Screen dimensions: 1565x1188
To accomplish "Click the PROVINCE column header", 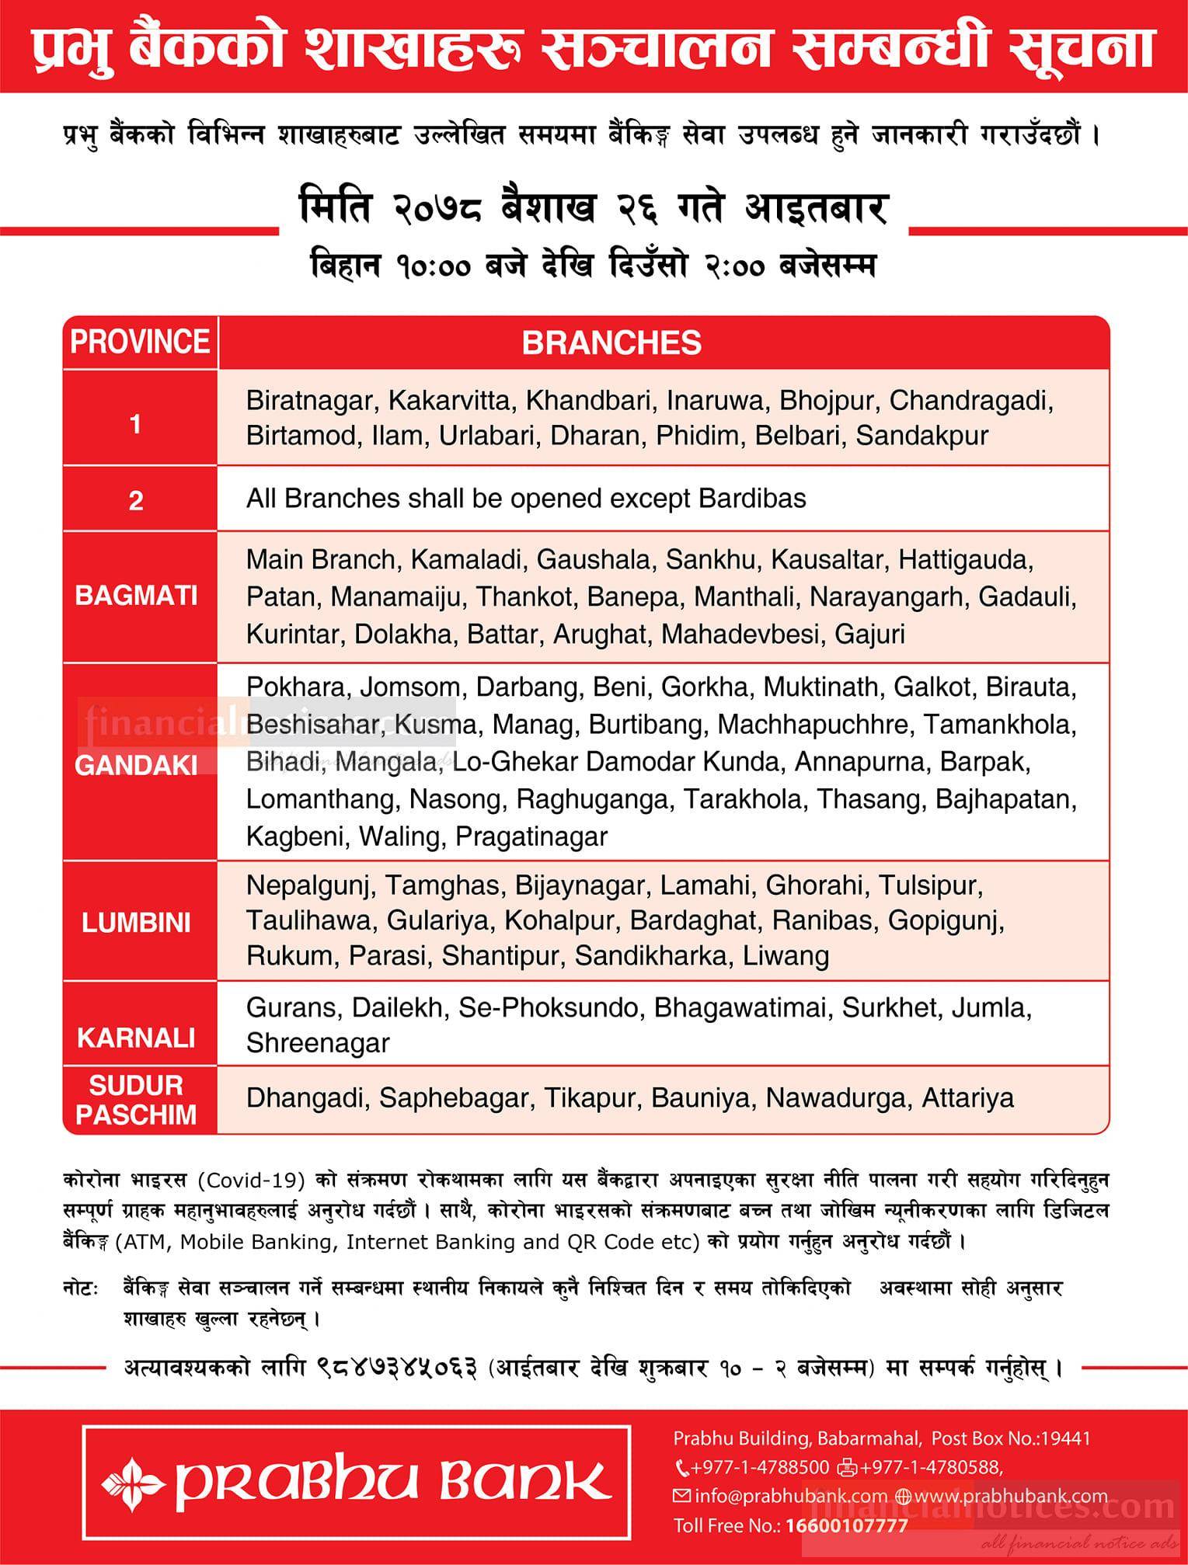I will point(140,342).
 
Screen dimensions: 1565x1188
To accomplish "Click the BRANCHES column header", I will point(611,343).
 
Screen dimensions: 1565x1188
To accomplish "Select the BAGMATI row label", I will point(136,596).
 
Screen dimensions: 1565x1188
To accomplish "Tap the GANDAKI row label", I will point(136,765).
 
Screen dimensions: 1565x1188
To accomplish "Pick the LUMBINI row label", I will point(136,923).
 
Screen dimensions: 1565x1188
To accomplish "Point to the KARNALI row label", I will point(136,1038).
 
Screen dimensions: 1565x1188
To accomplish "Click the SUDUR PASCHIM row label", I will point(136,1100).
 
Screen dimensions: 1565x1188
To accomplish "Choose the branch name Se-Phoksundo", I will point(549,1007).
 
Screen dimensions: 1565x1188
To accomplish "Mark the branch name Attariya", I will point(967,1098).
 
